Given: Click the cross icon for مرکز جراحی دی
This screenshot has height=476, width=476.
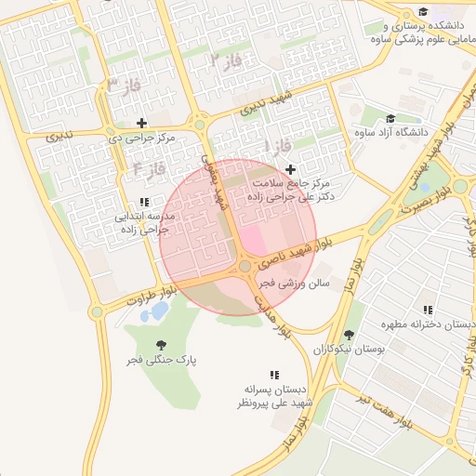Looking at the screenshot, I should (141, 123).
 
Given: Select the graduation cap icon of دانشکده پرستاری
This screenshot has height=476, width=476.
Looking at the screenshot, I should (424, 12).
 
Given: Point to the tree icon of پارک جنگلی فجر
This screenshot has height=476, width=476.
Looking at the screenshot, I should (164, 344).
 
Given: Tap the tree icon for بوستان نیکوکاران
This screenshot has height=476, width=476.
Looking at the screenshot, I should (349, 334).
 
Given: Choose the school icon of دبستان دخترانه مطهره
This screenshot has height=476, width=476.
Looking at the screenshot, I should (427, 310).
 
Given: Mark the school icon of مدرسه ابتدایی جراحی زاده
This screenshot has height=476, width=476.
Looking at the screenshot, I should (143, 201).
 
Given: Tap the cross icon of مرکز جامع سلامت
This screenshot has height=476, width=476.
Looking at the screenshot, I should (291, 169).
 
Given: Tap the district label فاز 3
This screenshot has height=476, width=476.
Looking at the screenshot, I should (116, 85).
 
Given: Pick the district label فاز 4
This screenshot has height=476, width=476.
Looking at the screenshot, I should (149, 168).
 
